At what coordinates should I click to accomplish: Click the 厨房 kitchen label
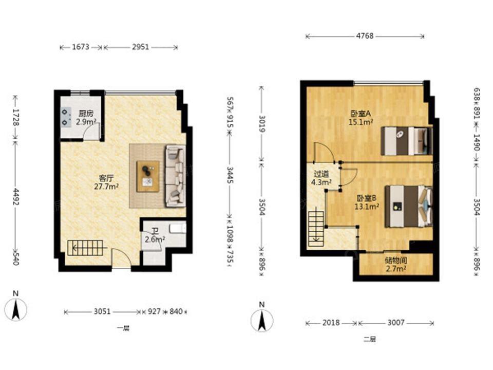[86, 113]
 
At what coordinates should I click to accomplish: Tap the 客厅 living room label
[106, 178]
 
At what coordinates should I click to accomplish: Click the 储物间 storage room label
[396, 261]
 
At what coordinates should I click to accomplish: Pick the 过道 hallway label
[321, 174]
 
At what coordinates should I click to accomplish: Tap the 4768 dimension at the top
[365, 36]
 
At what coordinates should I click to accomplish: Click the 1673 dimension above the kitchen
[81, 47]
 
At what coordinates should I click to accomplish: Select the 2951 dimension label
[140, 47]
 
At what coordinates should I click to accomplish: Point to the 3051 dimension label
[102, 311]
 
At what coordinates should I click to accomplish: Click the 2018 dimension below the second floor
[331, 323]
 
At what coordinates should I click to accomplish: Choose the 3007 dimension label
[396, 323]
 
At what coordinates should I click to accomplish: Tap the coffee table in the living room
[148, 176]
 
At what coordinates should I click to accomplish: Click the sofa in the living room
[176, 176]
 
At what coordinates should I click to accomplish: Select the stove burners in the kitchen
[65, 117]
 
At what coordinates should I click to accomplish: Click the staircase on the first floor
[86, 248]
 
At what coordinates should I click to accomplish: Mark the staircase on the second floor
[316, 228]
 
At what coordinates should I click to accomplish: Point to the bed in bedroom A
[407, 141]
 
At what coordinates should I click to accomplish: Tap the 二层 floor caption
[369, 340]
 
